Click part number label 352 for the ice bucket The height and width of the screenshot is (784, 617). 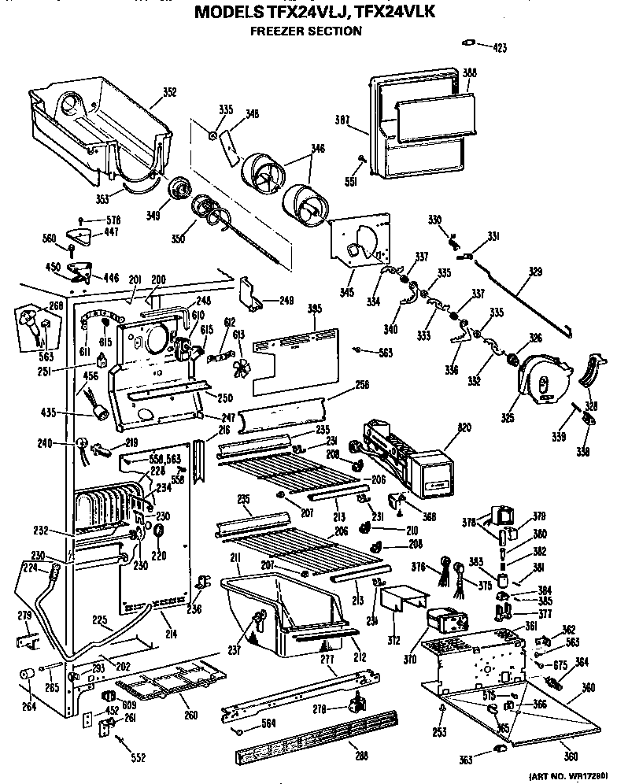coord(169,91)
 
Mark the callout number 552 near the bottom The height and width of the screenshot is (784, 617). coord(138,758)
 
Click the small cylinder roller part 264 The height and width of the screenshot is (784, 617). coord(28,675)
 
